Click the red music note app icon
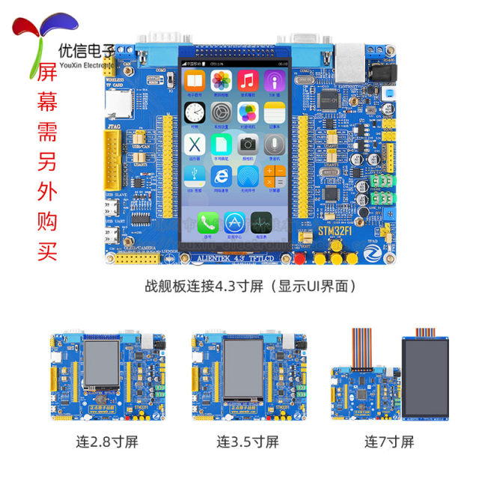(248, 80)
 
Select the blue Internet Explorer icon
(221, 174)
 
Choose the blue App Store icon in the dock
(234, 221)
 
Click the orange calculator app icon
(275, 174)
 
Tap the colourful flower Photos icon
(221, 80)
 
